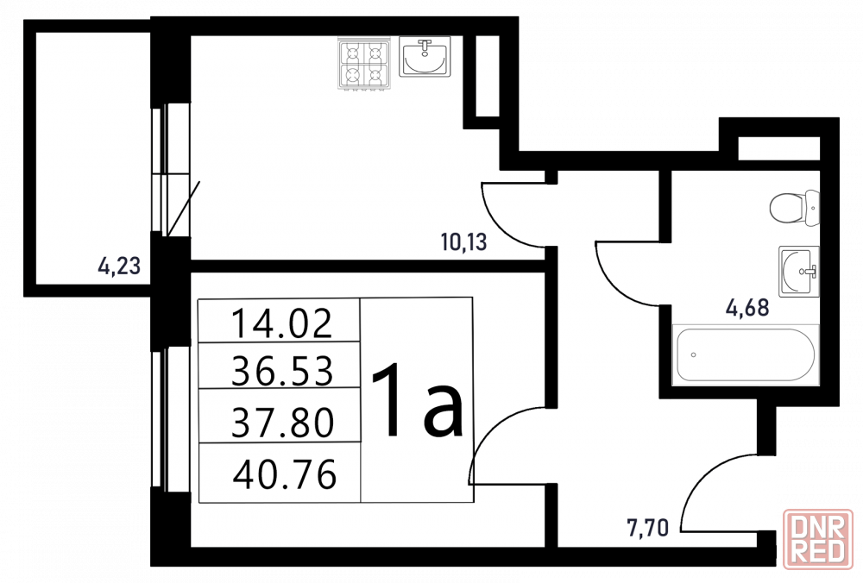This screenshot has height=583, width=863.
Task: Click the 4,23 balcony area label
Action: [x=119, y=266]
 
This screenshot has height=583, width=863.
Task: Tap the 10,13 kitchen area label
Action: [x=464, y=242]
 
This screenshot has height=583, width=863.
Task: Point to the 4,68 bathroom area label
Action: [x=747, y=307]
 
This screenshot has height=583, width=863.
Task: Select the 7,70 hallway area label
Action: [x=647, y=528]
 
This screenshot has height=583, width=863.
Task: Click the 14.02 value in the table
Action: [x=282, y=323]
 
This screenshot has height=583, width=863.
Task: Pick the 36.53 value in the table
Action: [x=282, y=371]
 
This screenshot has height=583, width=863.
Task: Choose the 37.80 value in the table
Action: [x=282, y=423]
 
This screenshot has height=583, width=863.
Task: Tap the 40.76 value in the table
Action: [x=285, y=474]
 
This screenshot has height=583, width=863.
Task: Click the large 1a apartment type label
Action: [x=418, y=400]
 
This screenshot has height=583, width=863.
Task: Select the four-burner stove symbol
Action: [x=363, y=64]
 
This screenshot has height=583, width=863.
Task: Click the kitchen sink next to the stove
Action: [x=425, y=56]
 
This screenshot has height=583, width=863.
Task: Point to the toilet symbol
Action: [x=794, y=208]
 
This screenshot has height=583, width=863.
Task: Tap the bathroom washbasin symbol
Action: [x=798, y=272]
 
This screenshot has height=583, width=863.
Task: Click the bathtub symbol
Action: [x=746, y=354]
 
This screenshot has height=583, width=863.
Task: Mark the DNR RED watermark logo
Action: [x=818, y=539]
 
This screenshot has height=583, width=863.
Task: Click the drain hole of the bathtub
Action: [x=694, y=354]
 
